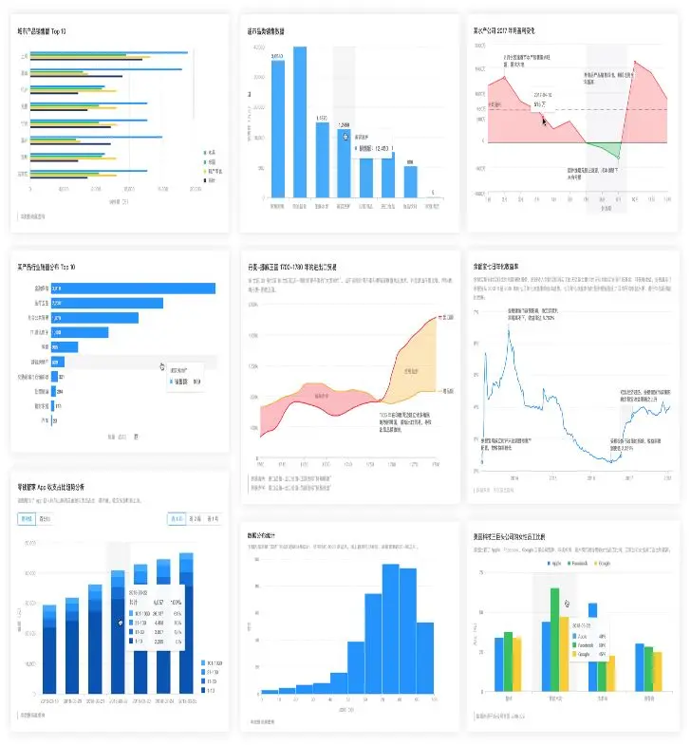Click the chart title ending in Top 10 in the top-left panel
coord(48,30)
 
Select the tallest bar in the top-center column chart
coord(300,123)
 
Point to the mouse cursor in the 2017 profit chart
coord(544,120)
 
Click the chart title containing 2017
coord(512,30)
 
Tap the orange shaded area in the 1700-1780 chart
coord(410,372)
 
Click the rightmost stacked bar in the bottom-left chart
coord(186,626)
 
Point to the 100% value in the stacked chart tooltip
coord(174,602)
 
